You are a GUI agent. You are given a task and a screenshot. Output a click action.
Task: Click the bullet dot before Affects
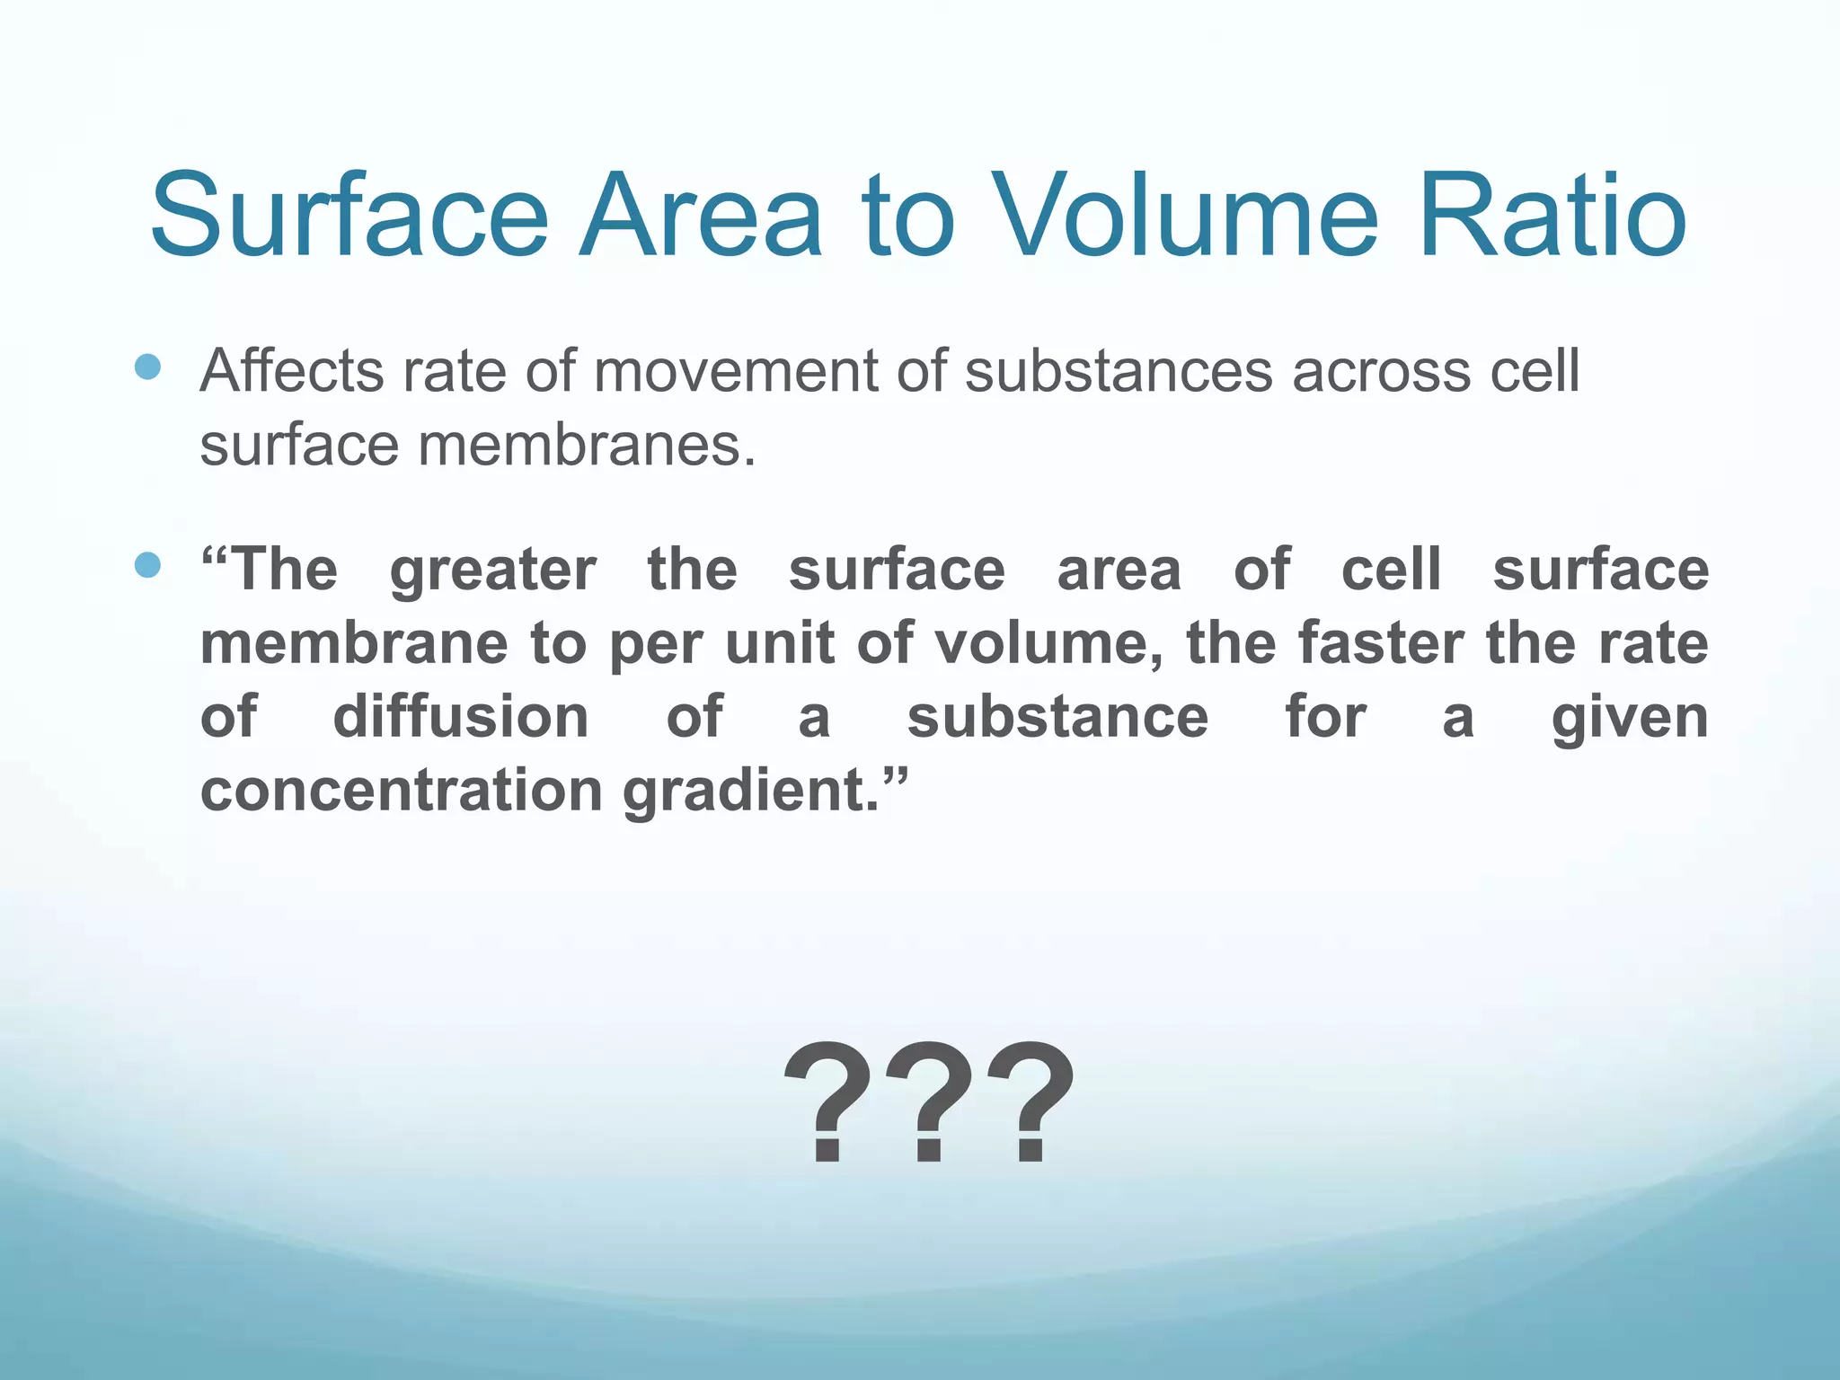(147, 367)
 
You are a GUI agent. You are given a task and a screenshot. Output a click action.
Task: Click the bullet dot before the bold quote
(147, 565)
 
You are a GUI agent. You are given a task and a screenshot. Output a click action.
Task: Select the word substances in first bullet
(1118, 372)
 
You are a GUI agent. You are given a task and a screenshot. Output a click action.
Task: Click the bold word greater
(492, 571)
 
